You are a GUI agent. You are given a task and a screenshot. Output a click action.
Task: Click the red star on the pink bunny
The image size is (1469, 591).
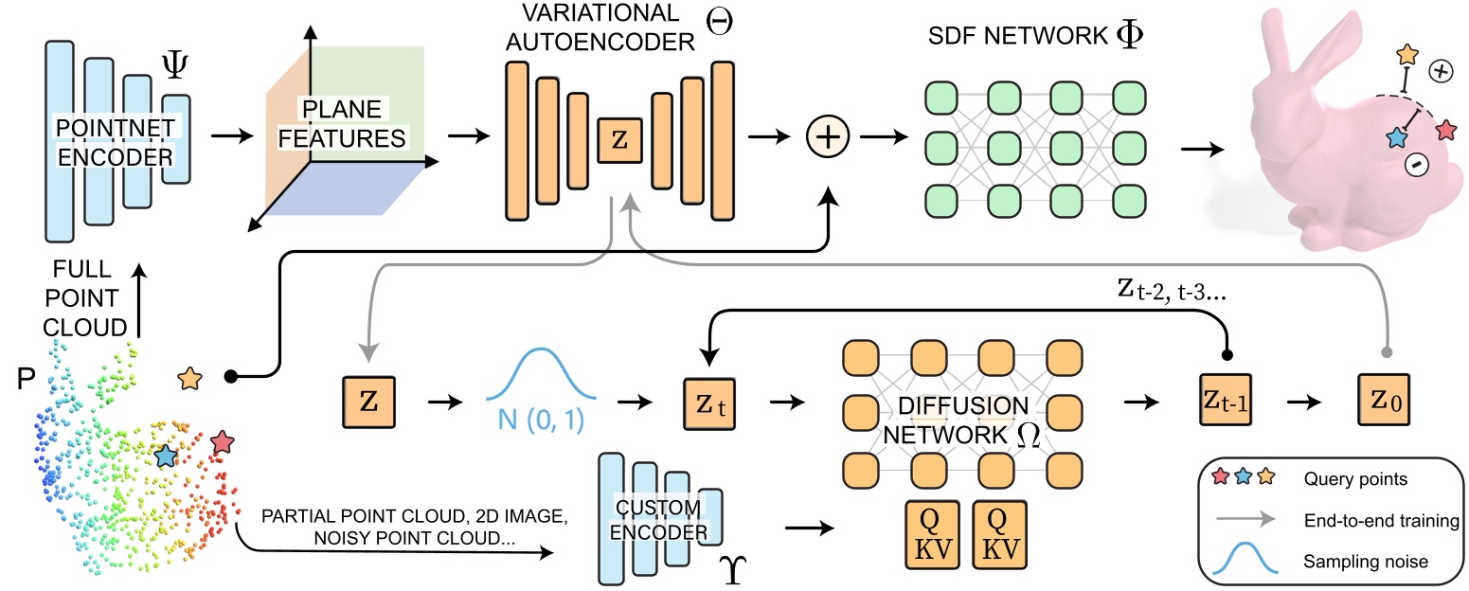1445,130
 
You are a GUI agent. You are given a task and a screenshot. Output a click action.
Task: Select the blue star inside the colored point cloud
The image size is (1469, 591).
166,457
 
